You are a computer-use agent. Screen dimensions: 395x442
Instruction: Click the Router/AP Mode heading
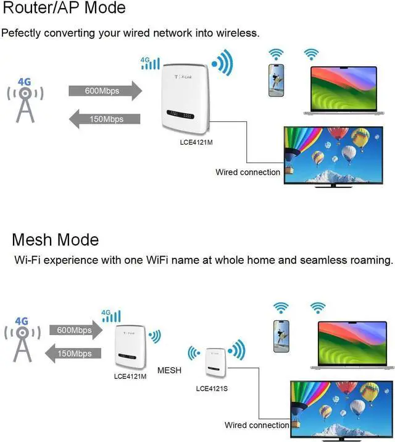[x=64, y=7]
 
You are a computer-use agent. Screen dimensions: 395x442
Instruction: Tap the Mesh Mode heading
[x=56, y=240]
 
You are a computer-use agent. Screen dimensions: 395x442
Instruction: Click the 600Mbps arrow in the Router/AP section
[x=106, y=91]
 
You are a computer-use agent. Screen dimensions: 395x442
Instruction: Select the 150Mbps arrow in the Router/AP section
[x=105, y=119]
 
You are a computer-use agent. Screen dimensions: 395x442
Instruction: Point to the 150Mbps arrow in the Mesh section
[x=73, y=353]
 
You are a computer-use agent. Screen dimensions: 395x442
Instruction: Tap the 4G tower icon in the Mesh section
[x=22, y=339]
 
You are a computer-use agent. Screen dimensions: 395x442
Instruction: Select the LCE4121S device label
[x=212, y=389]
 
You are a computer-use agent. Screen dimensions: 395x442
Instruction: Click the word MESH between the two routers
[x=169, y=370]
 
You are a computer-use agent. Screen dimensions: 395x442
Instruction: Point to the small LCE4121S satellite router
[x=215, y=363]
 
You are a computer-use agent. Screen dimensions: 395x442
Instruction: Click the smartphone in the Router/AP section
[x=276, y=80]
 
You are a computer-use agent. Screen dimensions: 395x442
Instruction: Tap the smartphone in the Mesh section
[x=281, y=336]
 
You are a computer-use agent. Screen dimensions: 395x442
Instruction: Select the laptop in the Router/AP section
[x=344, y=91]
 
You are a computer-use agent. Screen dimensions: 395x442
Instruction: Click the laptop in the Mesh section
[x=352, y=346]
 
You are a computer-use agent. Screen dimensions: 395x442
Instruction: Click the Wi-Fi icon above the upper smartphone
[x=276, y=54]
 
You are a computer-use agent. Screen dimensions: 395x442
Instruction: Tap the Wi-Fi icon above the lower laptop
[x=318, y=308]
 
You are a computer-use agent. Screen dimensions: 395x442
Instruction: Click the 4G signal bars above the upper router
[x=150, y=63]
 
